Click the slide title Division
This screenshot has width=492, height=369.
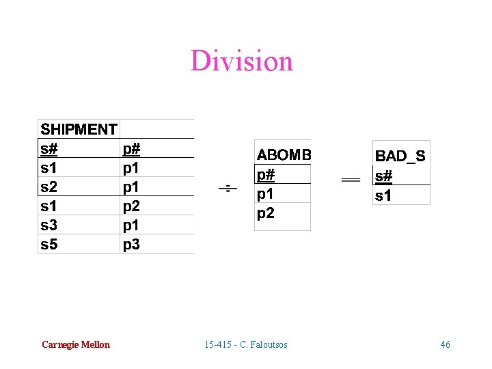pyautogui.click(x=242, y=61)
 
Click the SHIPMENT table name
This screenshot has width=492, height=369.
pyautogui.click(x=79, y=129)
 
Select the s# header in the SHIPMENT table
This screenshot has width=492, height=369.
pyautogui.click(x=49, y=148)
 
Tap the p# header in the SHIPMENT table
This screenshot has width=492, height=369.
pyautogui.click(x=131, y=148)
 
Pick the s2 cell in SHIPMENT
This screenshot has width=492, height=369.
pyautogui.click(x=49, y=187)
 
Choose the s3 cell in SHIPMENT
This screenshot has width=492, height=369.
pyautogui.click(x=49, y=225)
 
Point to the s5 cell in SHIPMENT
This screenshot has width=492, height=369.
pyautogui.click(x=49, y=244)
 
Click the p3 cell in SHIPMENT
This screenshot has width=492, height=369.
pyautogui.click(x=131, y=244)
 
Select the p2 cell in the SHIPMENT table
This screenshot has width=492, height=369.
pyautogui.click(x=131, y=206)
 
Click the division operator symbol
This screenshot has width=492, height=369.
pyautogui.click(x=228, y=188)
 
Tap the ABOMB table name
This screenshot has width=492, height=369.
pyautogui.click(x=284, y=155)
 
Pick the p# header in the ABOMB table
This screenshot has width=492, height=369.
pyautogui.click(x=266, y=175)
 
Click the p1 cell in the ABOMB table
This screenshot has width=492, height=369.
pyautogui.click(x=266, y=194)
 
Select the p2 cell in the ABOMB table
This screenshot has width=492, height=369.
pyautogui.click(x=266, y=213)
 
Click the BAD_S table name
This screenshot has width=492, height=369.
pyautogui.click(x=400, y=156)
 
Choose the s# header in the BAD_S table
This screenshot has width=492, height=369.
pyautogui.click(x=384, y=176)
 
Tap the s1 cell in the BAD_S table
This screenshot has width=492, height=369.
pyautogui.click(x=384, y=196)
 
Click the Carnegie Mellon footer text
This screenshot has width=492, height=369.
pyautogui.click(x=75, y=344)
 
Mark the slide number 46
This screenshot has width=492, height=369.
pyautogui.click(x=445, y=344)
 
